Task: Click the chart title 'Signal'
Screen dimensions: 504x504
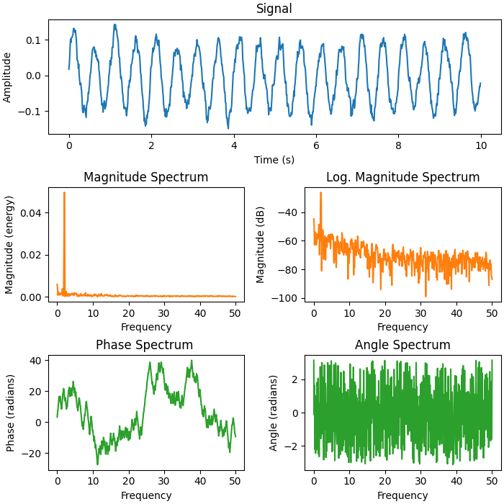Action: click(274, 9)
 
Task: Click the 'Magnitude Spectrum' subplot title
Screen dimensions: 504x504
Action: click(146, 177)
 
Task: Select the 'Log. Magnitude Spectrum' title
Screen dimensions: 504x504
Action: click(402, 177)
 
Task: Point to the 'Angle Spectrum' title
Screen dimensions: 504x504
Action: click(402, 346)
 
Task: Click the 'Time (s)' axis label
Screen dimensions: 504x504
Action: click(274, 159)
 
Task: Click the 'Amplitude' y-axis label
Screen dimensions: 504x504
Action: click(8, 77)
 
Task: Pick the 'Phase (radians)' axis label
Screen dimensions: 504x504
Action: click(11, 413)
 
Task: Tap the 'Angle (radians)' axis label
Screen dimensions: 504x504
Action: click(274, 413)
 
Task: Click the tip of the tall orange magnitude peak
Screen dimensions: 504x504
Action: click(64, 192)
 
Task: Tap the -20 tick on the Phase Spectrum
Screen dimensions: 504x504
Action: click(35, 453)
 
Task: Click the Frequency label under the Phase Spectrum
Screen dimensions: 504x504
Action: click(146, 495)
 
